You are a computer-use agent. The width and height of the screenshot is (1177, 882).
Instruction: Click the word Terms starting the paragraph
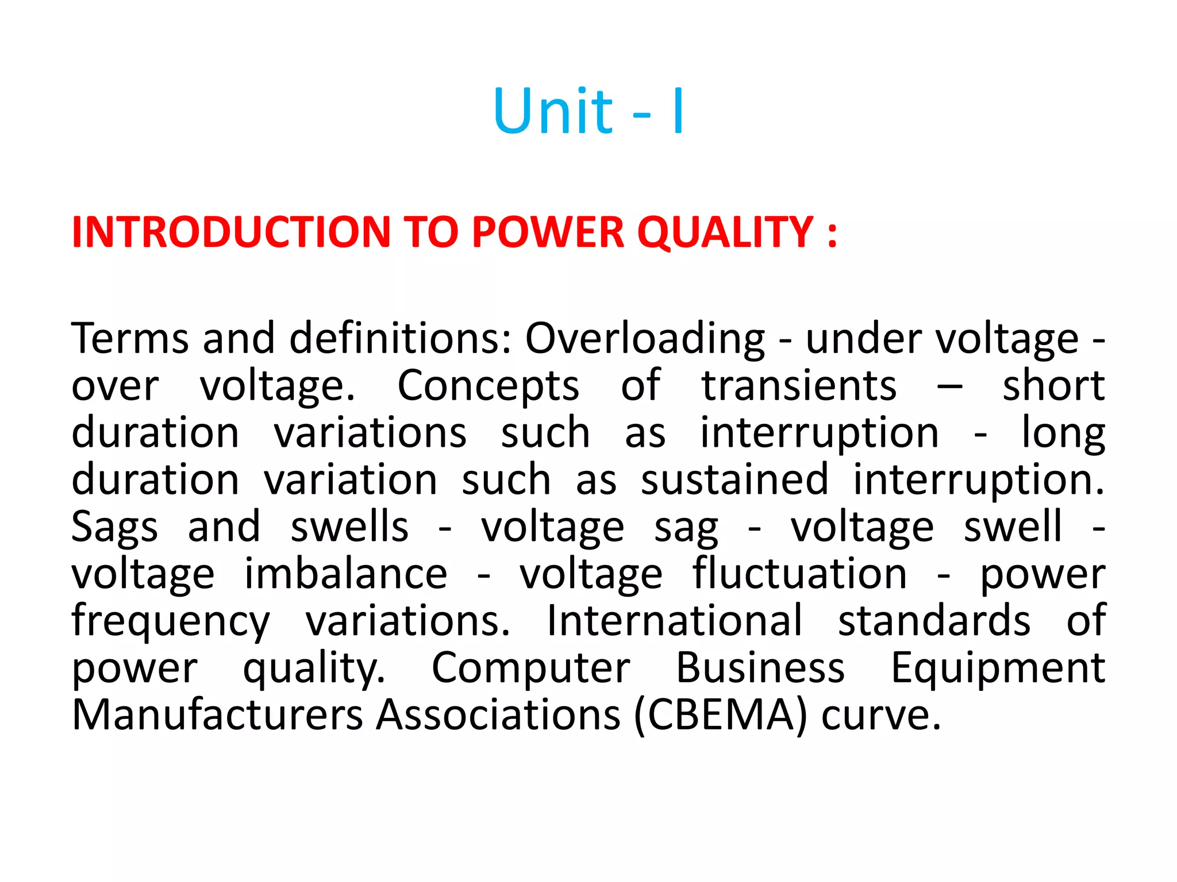click(x=130, y=338)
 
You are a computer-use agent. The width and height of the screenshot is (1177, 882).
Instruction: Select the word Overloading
click(x=645, y=339)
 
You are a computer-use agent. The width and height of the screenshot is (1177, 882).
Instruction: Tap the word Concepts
click(x=488, y=386)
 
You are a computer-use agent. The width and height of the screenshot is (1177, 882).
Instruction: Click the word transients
click(x=799, y=386)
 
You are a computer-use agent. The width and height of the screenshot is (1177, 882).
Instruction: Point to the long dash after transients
click(x=949, y=386)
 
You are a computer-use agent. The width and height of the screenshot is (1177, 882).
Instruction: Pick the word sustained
click(x=734, y=480)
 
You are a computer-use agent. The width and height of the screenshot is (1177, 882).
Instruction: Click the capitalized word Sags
click(x=114, y=527)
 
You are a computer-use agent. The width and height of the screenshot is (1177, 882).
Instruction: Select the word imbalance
click(x=345, y=574)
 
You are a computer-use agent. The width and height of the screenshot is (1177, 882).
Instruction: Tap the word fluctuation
click(x=799, y=574)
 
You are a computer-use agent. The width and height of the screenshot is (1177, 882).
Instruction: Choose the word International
click(x=674, y=621)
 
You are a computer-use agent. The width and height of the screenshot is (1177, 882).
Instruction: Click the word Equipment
click(x=998, y=670)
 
